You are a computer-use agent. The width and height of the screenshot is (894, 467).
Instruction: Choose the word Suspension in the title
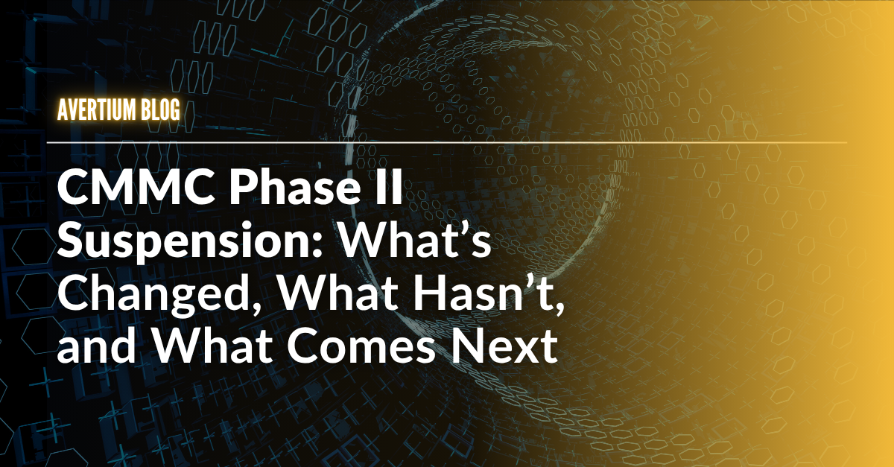click(x=183, y=241)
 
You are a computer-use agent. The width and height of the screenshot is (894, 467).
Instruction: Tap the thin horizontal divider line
click(x=446, y=142)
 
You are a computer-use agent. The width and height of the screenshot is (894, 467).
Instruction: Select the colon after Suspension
click(x=315, y=245)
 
